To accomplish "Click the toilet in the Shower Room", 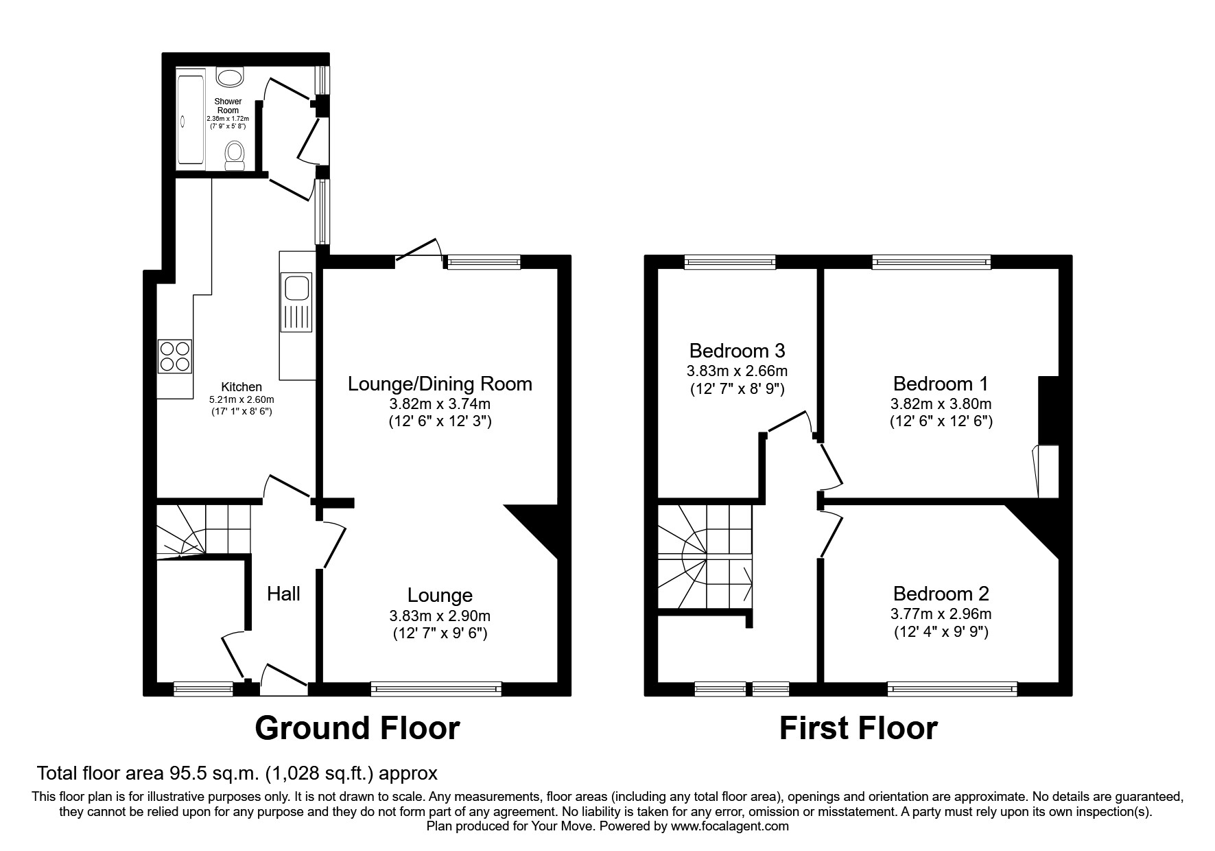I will [235, 155].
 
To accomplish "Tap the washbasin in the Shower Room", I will [228, 78].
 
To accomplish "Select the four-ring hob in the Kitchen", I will [174, 356].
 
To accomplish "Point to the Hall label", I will [283, 594].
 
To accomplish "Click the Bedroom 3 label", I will [737, 351].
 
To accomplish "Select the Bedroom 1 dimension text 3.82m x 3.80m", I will [941, 404].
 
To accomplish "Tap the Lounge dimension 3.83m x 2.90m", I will [440, 616].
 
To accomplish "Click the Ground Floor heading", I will [357, 728].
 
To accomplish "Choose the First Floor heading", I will [858, 728].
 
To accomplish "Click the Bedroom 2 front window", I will [952, 688].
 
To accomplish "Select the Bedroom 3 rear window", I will [730, 261].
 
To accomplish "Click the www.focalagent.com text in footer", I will [729, 826].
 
